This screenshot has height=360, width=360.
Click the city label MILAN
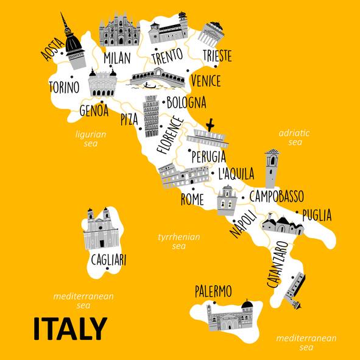click(117, 58)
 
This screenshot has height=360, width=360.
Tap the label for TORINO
click(63, 87)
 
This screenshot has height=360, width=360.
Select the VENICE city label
click(205, 80)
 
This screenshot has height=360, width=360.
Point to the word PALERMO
click(213, 291)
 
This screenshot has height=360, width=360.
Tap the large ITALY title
click(69, 329)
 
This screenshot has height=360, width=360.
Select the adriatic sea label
click(295, 138)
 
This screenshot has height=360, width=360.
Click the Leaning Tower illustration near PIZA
click(150, 116)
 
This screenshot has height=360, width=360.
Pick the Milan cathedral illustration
click(119, 29)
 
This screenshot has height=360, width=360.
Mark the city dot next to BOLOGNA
click(162, 102)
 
